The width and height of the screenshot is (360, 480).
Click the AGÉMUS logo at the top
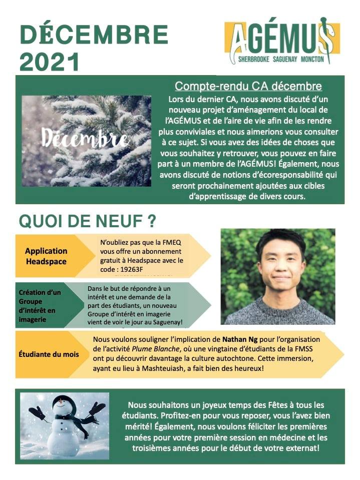tap(282, 39)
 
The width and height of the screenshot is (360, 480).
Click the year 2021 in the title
tap(50, 62)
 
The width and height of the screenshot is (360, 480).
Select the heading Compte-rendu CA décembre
tap(248, 86)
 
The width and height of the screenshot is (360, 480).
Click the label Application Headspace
tap(46, 256)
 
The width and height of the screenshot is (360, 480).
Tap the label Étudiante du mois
tap(49, 354)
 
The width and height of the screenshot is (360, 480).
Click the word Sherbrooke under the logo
tap(245, 59)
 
